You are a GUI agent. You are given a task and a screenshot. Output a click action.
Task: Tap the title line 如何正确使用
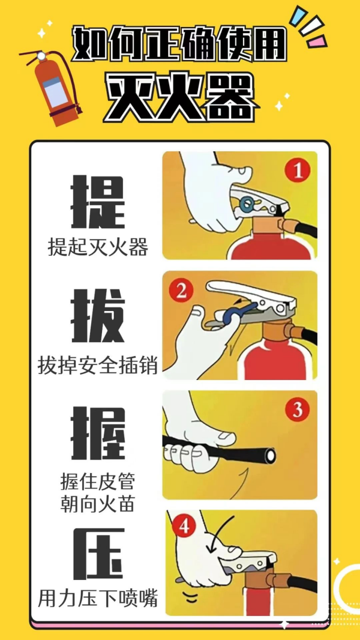(x=179, y=45)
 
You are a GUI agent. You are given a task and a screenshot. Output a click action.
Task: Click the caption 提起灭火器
(x=98, y=247)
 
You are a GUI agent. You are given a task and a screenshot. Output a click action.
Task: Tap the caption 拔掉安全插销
(x=98, y=364)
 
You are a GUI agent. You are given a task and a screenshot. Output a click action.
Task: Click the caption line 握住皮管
(x=98, y=482)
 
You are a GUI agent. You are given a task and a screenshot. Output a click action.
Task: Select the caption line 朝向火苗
(x=98, y=503)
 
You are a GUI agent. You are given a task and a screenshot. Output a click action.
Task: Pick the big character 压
(x=98, y=554)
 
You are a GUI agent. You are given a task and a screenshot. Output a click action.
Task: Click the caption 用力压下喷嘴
(x=98, y=598)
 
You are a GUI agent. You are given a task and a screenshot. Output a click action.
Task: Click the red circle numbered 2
(x=181, y=292)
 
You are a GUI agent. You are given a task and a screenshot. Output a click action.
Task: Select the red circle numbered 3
(x=297, y=411)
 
